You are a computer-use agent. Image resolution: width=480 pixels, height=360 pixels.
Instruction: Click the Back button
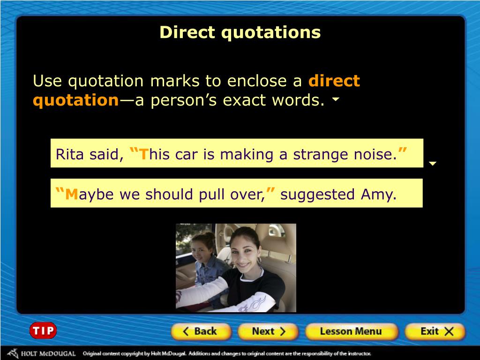pos(200,332)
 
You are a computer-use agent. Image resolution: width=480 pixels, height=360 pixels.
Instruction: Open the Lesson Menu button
pos(351,332)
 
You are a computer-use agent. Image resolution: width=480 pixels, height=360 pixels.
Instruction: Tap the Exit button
pos(436,332)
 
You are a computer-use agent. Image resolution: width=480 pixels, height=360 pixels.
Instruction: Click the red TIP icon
pos(43,331)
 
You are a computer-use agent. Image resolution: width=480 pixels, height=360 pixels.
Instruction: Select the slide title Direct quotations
pos(240,32)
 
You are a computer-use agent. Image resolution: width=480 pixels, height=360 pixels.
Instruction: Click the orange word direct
pos(334,81)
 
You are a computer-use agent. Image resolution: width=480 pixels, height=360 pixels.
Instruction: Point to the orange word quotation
pos(75,100)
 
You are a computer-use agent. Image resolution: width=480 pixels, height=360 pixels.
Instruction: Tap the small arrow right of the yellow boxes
pos(433,164)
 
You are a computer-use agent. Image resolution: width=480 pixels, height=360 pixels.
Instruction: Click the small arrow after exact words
pos(336,100)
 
